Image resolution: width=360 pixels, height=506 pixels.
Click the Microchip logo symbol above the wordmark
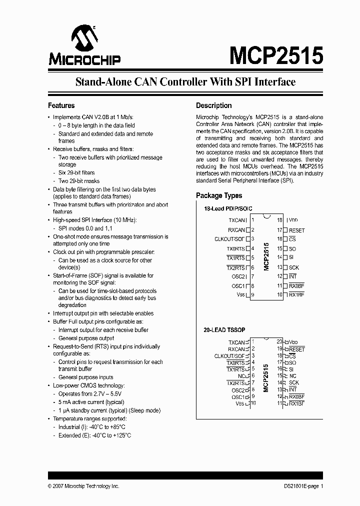click(84, 39)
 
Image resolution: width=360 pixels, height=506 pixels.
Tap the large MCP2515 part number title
click(276, 55)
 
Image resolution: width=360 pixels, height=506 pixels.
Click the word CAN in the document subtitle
click(146, 82)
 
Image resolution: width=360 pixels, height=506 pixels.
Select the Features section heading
click(61, 105)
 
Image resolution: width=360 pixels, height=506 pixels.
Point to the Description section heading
click(213, 105)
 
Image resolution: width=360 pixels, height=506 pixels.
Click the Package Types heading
click(219, 195)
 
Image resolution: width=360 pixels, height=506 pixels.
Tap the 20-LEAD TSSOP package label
click(225, 331)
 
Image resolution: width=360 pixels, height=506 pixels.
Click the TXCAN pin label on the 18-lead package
click(236, 220)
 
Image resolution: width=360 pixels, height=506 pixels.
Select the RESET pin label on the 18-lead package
click(296, 230)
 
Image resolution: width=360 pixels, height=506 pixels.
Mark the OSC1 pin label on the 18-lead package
click(238, 286)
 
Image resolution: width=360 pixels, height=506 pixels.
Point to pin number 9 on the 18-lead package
click(253, 295)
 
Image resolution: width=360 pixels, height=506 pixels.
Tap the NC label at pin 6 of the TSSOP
click(241, 376)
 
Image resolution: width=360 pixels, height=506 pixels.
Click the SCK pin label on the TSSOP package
click(293, 382)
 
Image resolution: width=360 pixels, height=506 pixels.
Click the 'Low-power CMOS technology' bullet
click(89, 385)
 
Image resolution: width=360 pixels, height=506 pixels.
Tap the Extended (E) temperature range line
click(94, 435)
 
